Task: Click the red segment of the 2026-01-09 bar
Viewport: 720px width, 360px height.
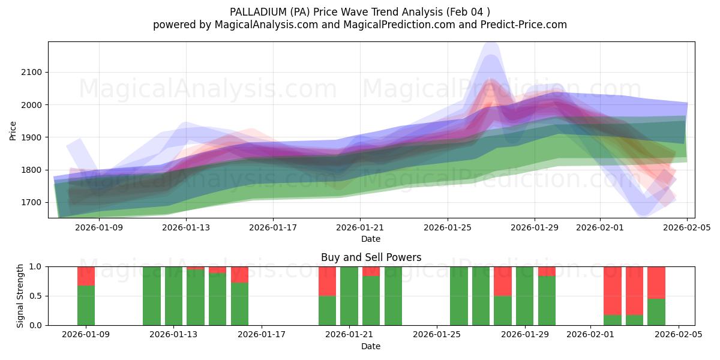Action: coord(86,275)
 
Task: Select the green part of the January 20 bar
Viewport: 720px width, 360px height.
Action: coord(327,310)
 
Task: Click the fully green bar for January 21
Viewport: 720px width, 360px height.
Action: coord(349,296)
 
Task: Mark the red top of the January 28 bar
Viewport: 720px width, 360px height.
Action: coord(503,281)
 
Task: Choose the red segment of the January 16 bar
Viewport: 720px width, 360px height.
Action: coord(239,274)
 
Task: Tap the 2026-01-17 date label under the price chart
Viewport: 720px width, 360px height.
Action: coord(273,227)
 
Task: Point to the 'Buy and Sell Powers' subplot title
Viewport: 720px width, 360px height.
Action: coord(371,257)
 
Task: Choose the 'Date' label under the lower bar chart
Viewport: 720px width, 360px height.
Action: coord(371,346)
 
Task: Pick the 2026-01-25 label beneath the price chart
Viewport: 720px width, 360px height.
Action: coord(448,227)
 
